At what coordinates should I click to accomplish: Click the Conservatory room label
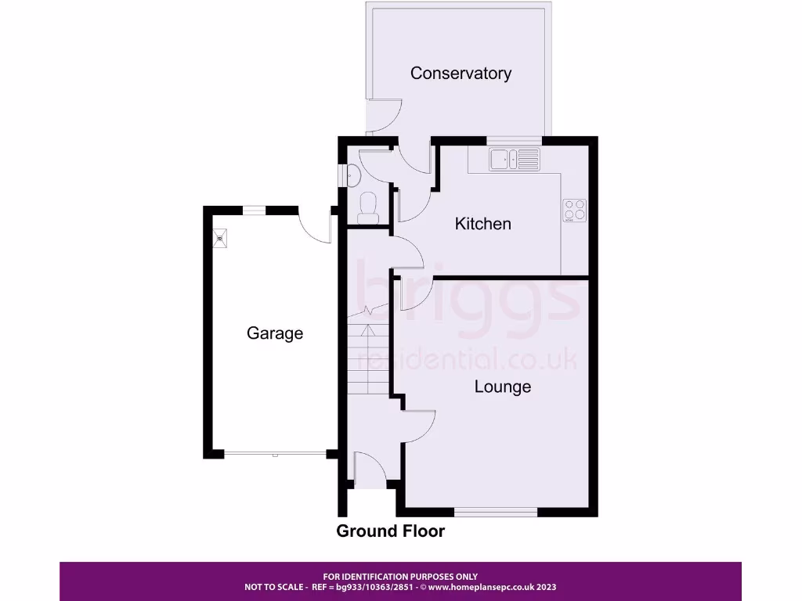(x=461, y=74)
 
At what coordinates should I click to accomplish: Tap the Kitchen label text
(x=483, y=224)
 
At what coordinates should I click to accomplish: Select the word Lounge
(x=502, y=387)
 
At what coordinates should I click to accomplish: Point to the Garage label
(x=275, y=333)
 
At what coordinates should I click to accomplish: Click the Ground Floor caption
(x=390, y=531)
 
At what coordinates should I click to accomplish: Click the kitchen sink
(x=514, y=160)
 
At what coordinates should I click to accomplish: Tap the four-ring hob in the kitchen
(x=575, y=210)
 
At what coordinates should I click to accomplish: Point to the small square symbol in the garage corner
(x=220, y=235)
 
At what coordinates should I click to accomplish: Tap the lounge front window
(x=496, y=512)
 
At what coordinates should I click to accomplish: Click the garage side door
(x=317, y=225)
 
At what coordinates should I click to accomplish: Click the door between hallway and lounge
(x=419, y=426)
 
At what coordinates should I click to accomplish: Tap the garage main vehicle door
(x=275, y=453)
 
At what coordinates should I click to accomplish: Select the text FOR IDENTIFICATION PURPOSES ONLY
(x=400, y=577)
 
